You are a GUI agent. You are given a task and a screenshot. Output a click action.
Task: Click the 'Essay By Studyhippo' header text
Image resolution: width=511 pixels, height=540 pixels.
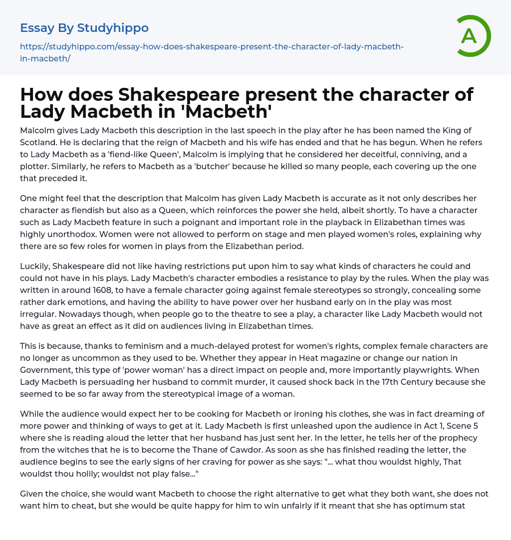(x=84, y=28)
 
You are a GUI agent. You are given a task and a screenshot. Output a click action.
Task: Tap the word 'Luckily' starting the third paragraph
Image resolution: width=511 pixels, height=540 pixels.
(x=34, y=266)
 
